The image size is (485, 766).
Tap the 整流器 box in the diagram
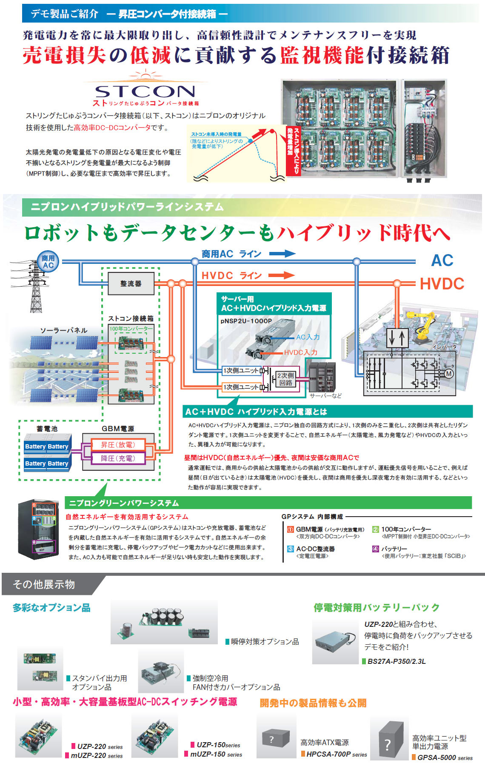tap(131, 283)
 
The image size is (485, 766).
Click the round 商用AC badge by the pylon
tap(48, 261)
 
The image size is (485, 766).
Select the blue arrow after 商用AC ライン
tap(282, 254)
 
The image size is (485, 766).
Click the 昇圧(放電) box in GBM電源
tap(118, 445)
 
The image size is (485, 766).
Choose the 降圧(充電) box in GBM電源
tap(118, 458)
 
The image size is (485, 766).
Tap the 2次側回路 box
tap(285, 379)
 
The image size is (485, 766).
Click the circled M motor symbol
tap(448, 374)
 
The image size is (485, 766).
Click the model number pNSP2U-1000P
tap(246, 321)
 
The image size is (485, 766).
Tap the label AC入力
tap(308, 337)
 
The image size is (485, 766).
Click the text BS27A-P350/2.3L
tap(396, 661)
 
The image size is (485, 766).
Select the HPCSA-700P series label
tap(337, 754)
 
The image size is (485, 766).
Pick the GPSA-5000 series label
tap(445, 757)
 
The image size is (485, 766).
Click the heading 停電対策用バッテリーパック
tap(376, 607)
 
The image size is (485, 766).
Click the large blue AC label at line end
tap(442, 260)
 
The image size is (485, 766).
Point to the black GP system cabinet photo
tap(37, 529)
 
